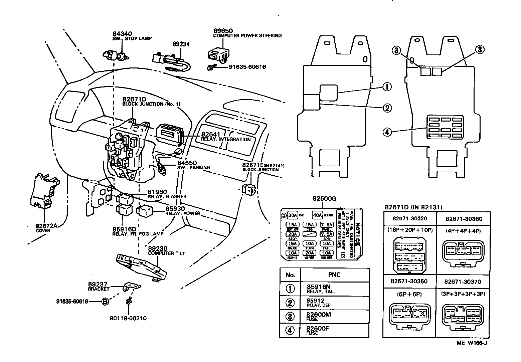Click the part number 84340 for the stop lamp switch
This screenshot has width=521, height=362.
click(122, 34)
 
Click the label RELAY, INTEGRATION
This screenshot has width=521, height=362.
click(225, 139)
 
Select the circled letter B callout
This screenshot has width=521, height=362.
click(105, 302)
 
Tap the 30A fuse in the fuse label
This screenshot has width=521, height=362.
click(293, 215)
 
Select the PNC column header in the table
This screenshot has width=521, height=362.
click(334, 275)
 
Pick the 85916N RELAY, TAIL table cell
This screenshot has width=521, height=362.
click(321, 289)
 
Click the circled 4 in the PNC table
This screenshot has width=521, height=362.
click(290, 330)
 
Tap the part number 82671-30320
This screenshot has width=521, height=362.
click(409, 218)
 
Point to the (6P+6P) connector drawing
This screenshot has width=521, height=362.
click(409, 314)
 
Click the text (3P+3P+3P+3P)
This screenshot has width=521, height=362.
click(463, 294)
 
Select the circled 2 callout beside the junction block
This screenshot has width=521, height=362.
click(387, 108)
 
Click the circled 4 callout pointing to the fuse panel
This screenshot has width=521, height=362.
click(387, 132)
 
